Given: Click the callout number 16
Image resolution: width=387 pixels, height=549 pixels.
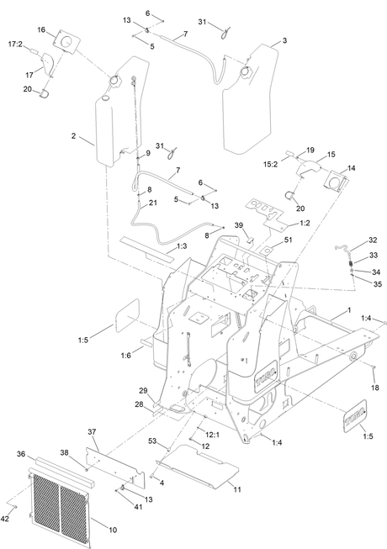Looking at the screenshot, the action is point(41,29).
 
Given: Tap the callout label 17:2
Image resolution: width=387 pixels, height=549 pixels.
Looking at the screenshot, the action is point(15,44).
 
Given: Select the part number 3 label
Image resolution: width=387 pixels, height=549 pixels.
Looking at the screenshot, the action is point(284,40).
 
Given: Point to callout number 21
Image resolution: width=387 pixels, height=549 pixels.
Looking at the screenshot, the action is point(153,203).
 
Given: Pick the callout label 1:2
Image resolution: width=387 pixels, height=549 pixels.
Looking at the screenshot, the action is point(305,223).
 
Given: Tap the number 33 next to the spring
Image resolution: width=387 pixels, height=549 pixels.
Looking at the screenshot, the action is point(374,256).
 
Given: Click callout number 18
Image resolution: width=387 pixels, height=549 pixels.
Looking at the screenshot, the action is point(374,388).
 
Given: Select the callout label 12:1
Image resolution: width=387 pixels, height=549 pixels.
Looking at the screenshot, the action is point(212,435).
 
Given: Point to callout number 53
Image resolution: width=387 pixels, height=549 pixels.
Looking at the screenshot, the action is point(152,441).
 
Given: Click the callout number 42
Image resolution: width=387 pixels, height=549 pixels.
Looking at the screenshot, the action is point(4,519).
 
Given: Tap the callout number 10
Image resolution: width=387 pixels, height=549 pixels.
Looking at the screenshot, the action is point(113,531).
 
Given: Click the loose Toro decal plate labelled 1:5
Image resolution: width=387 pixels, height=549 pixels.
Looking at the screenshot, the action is point(355,415).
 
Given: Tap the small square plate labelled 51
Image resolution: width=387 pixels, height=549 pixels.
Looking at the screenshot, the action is point(268,251).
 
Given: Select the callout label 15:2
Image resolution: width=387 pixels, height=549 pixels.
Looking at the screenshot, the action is point(270,164).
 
